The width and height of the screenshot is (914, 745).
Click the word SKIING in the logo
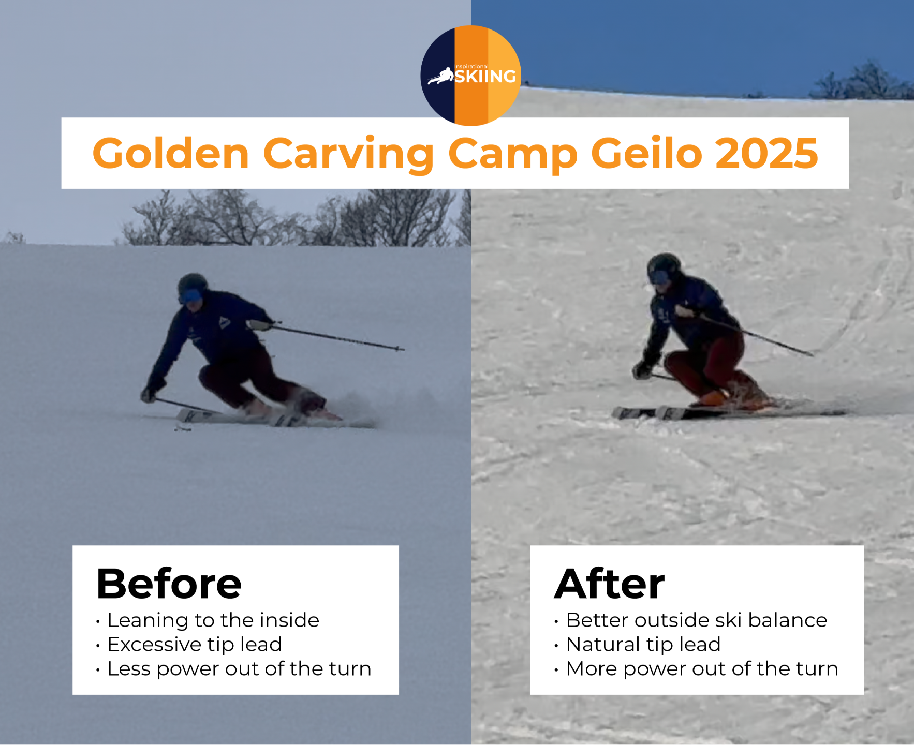coord(485,77)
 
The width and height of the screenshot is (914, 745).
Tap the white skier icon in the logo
coord(440,77)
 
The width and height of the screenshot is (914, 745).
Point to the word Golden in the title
coord(171,153)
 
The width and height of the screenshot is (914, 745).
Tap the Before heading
coord(169,584)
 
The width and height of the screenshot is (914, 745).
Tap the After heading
coord(610,583)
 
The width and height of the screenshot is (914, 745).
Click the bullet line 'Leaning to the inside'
coord(208,620)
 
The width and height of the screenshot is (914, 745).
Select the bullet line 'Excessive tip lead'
coord(189,645)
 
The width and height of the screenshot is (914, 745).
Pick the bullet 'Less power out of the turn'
coord(234,669)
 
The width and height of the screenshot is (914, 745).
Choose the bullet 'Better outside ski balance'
coord(691,620)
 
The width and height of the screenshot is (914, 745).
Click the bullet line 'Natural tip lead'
coord(638,645)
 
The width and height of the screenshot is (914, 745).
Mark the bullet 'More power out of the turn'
coord(697,669)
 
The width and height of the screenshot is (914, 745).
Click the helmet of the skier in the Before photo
coord(193,285)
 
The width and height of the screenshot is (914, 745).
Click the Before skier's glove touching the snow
coord(149,394)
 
